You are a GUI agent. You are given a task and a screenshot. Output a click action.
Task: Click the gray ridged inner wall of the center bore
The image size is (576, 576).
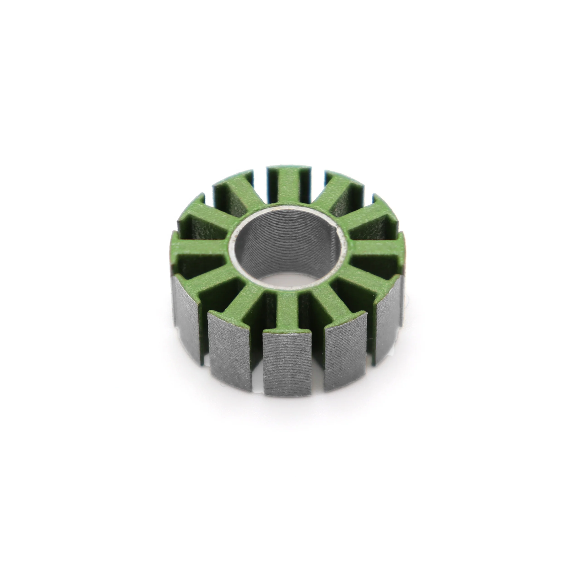(x=286, y=245)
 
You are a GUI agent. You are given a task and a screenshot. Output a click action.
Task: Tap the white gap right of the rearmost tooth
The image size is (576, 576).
(x=316, y=176)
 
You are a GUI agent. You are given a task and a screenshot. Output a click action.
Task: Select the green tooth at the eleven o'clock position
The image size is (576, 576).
(x=235, y=194)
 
